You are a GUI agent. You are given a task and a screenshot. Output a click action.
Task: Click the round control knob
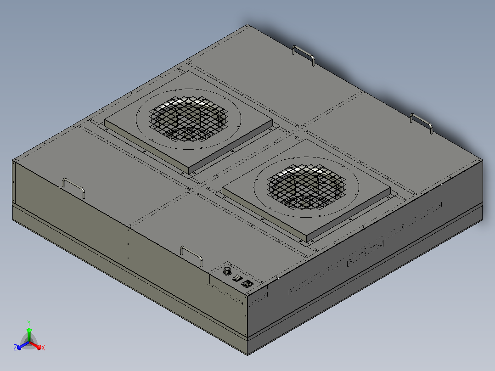[x=227, y=271]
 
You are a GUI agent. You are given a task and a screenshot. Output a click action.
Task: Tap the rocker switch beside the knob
[x=237, y=278]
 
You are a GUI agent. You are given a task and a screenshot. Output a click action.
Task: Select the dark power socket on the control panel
[x=247, y=284]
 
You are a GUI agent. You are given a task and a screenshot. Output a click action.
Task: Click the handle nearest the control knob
[x=191, y=256]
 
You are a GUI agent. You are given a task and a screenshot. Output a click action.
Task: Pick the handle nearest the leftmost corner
[x=73, y=187]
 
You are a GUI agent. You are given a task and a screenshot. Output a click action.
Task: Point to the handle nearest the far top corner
[x=304, y=55]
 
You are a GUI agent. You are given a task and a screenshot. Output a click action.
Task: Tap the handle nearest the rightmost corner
[x=421, y=123]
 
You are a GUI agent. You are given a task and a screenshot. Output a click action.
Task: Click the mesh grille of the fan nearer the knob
[x=306, y=186]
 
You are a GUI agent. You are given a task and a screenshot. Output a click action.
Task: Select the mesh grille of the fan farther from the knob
[x=188, y=118]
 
